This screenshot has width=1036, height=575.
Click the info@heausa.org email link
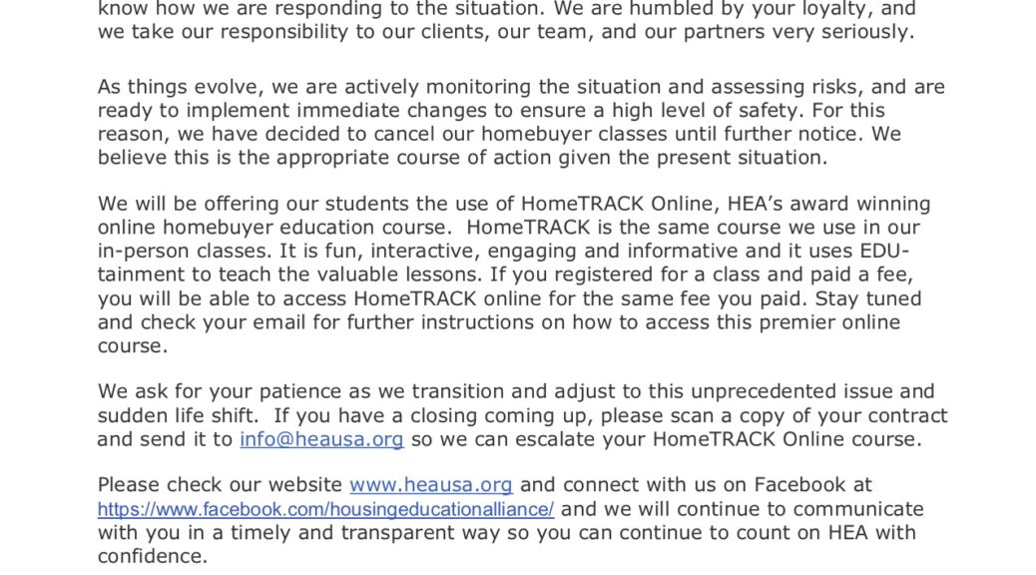coord(321,439)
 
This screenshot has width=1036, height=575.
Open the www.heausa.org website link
coord(430,485)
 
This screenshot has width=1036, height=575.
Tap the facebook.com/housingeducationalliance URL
coord(325,509)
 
